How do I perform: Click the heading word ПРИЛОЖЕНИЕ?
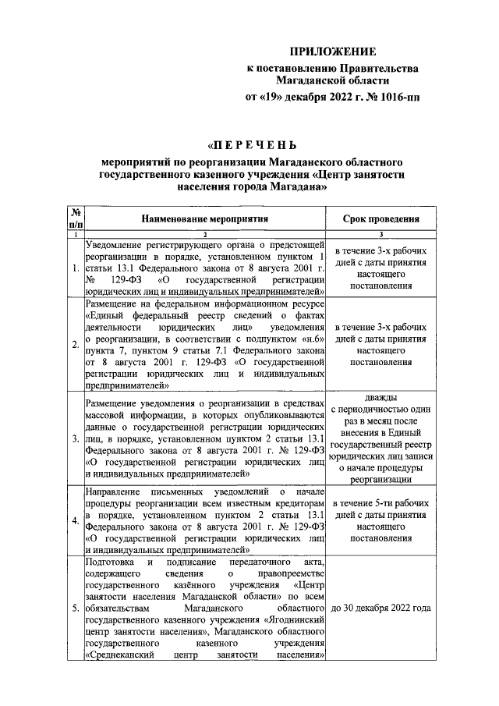(x=333, y=52)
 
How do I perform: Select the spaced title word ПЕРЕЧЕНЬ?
(x=251, y=145)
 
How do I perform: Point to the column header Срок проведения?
(x=380, y=220)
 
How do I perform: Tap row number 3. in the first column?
(x=75, y=439)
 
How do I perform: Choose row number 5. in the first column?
(x=75, y=608)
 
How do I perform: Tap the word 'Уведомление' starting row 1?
(x=116, y=243)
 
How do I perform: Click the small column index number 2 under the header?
(x=204, y=234)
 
